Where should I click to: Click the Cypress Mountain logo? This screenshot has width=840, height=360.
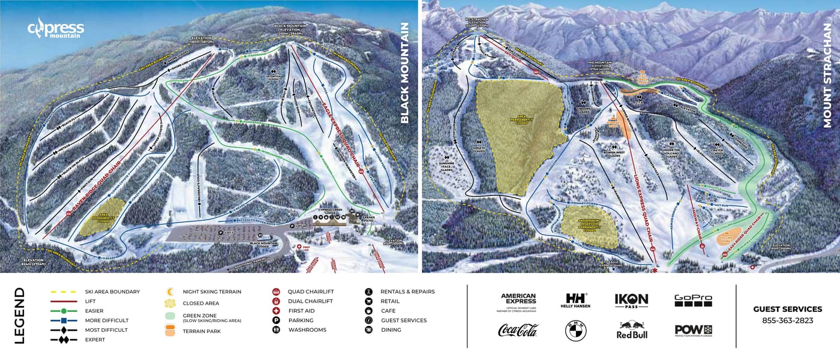tap(55, 28)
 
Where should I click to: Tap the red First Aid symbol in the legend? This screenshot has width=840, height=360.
tap(276, 311)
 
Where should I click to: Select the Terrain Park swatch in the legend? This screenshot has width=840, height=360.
tap(170, 330)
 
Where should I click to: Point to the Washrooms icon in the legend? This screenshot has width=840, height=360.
tap(276, 330)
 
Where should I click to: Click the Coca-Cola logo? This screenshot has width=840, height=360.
tap(518, 330)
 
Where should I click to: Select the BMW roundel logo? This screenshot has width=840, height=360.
tap(575, 331)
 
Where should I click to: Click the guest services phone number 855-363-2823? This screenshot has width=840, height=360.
tap(787, 320)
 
